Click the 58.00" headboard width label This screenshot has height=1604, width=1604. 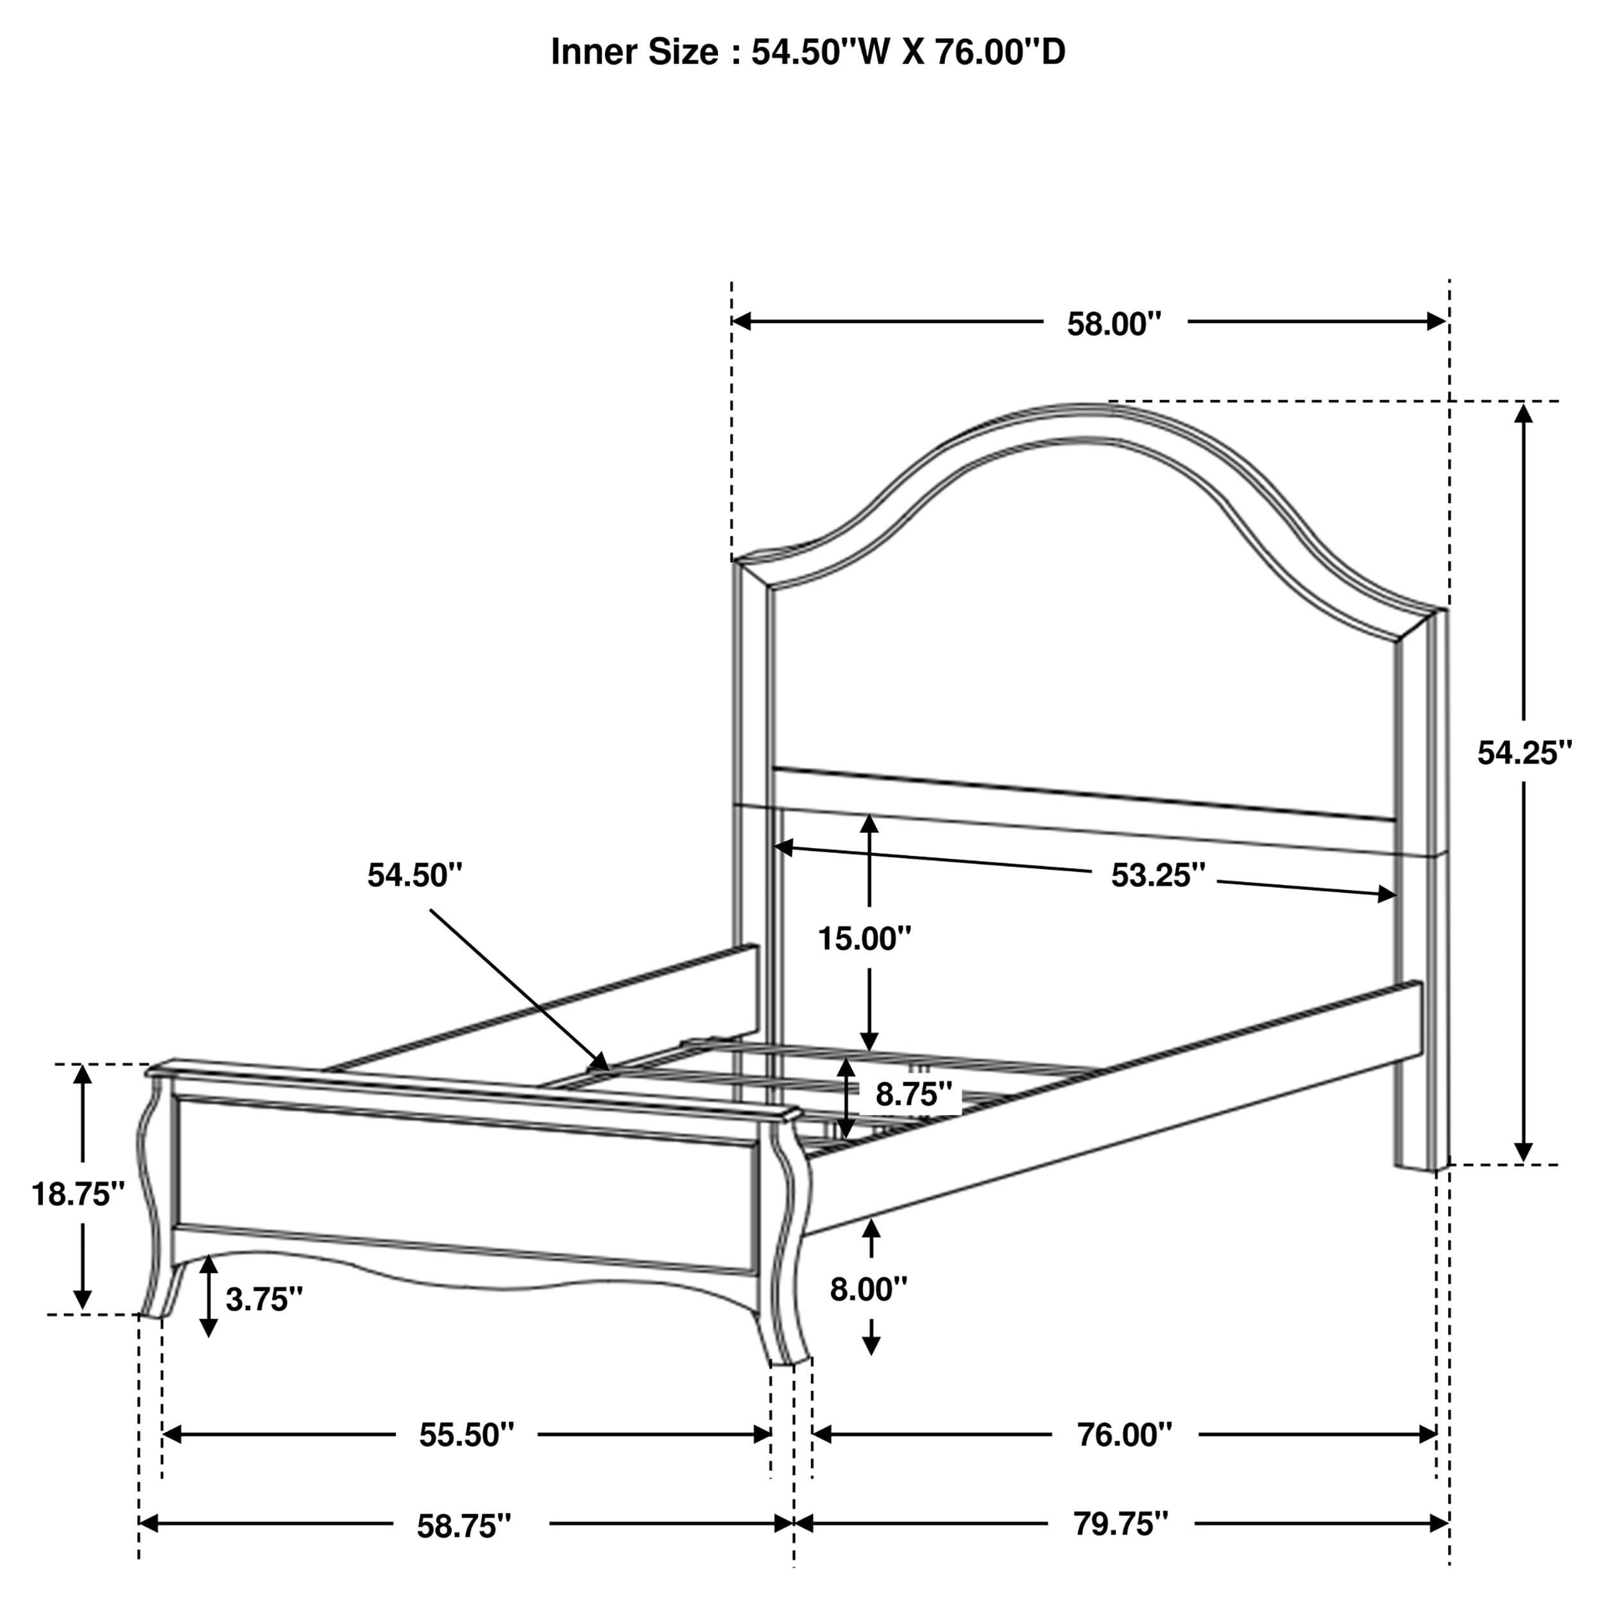point(1113,324)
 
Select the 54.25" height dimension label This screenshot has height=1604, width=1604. point(1524,753)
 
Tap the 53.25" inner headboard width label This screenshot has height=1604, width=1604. point(1158,875)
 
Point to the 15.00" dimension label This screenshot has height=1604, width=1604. point(865,939)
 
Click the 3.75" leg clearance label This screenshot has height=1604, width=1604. point(264,1299)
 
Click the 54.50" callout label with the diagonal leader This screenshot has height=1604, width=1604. point(414,875)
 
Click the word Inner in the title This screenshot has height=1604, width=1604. point(588,51)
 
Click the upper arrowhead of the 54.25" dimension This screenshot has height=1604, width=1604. point(1523,413)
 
